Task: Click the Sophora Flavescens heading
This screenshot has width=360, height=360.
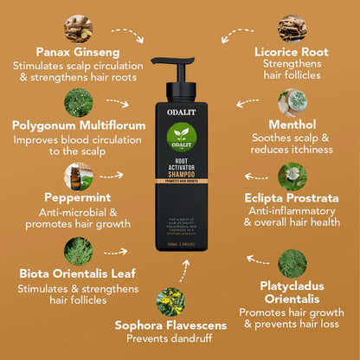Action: [x=172, y=325]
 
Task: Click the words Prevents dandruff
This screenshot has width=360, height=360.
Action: [x=172, y=338]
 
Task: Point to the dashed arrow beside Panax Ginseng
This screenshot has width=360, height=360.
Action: [x=125, y=36]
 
